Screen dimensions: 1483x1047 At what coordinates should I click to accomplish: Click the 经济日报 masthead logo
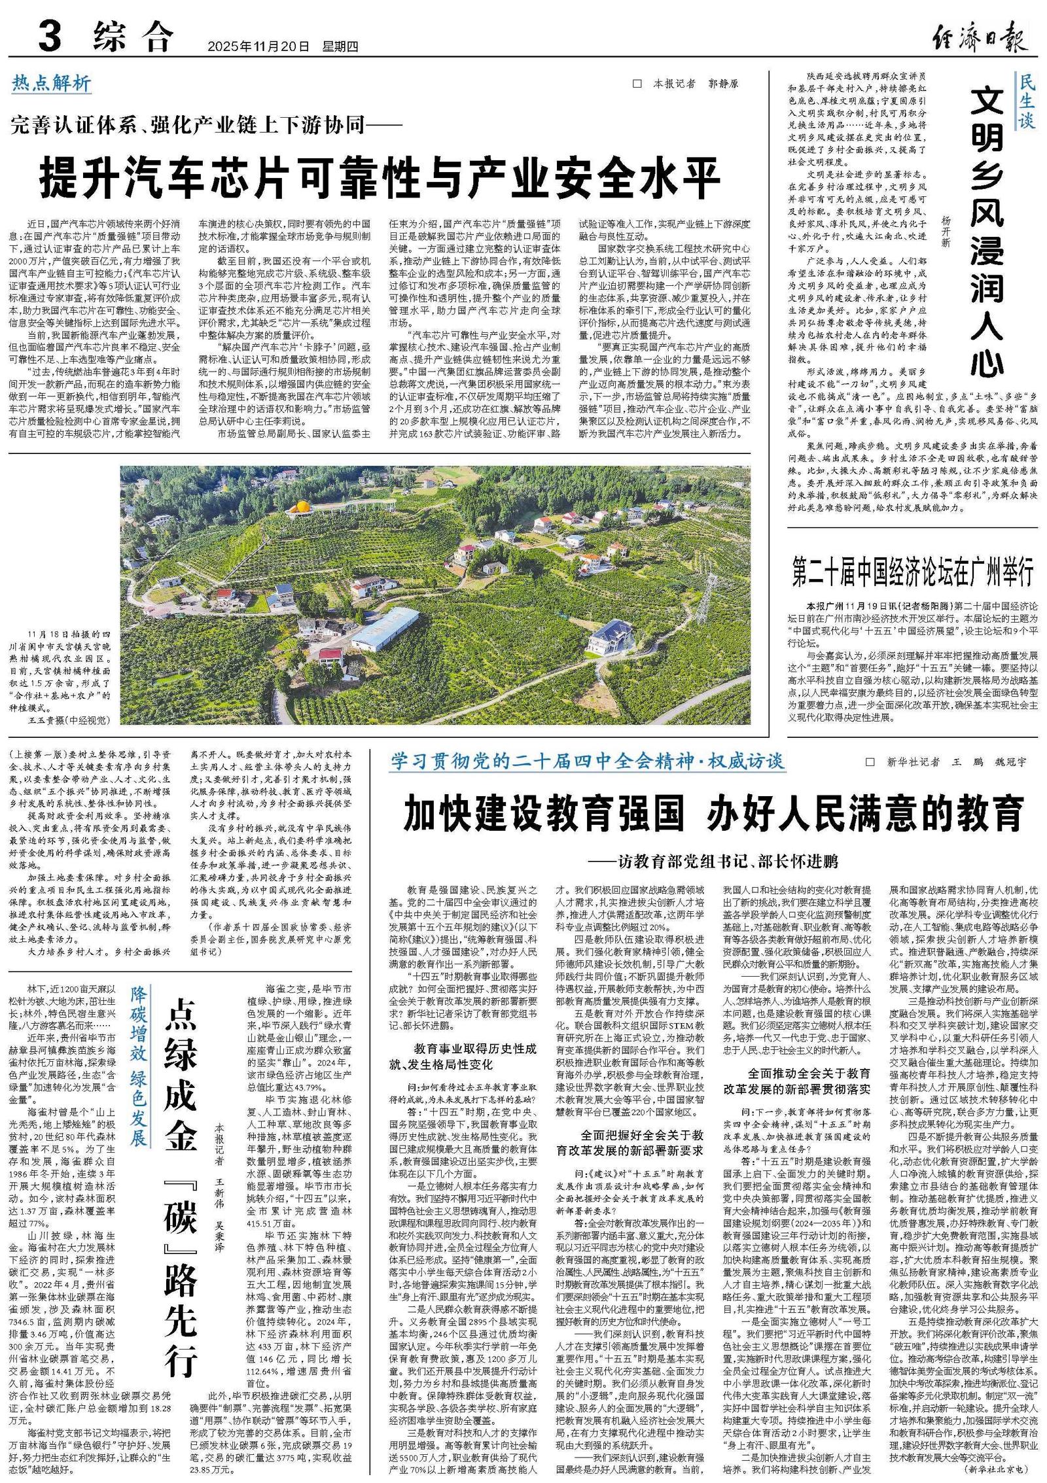point(980,37)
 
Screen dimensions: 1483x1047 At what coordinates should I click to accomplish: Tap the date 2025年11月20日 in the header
point(258,46)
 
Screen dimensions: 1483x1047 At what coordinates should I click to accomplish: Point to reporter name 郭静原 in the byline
point(722,84)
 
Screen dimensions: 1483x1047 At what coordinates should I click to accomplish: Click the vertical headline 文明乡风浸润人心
point(986,232)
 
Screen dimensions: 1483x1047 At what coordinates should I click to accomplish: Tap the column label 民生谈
point(1026,101)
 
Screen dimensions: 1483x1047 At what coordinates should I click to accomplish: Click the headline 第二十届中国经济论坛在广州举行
point(913,571)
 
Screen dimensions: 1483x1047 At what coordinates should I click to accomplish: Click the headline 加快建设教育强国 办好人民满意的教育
point(713,812)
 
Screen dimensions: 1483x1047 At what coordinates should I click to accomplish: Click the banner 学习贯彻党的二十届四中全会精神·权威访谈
point(588,761)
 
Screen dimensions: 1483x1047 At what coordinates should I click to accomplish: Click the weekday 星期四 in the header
point(340,46)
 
